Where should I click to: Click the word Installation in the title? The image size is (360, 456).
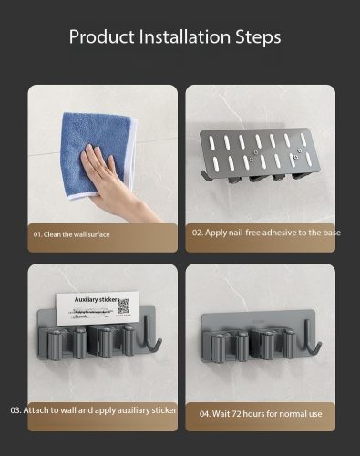(x=185, y=36)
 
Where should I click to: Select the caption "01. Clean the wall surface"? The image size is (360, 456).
(x=71, y=234)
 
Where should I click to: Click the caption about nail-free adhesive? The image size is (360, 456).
(x=266, y=233)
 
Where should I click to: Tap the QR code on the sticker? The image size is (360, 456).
(x=123, y=306)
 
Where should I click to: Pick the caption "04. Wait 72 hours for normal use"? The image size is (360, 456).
(x=261, y=414)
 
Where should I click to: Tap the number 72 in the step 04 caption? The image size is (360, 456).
(x=236, y=414)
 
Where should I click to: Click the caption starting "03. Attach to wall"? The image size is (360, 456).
(x=93, y=410)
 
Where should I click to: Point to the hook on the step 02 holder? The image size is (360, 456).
(x=205, y=176)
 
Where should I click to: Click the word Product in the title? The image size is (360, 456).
(x=102, y=36)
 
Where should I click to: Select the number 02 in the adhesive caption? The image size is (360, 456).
(x=197, y=233)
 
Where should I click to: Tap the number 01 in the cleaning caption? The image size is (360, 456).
(x=37, y=234)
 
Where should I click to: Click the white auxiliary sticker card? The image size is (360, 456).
(x=98, y=307)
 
